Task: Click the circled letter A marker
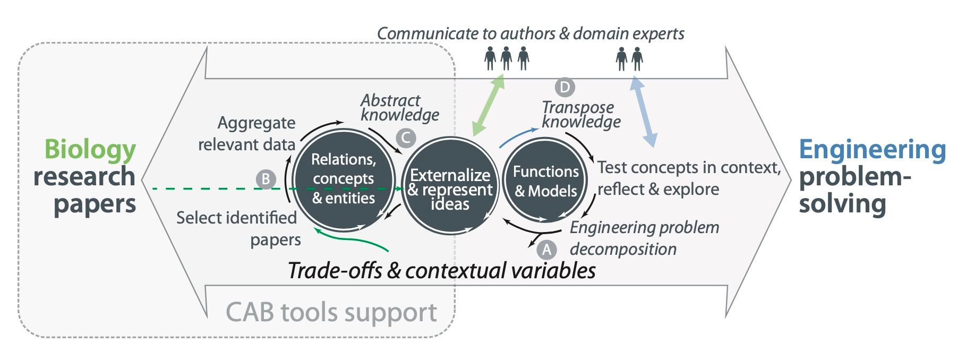pyautogui.click(x=546, y=249)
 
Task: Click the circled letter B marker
pyautogui.click(x=266, y=179)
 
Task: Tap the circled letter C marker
pyautogui.click(x=405, y=138)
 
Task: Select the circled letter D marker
pyautogui.click(x=565, y=87)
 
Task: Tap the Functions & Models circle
pyautogui.click(x=545, y=181)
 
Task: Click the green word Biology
pyautogui.click(x=90, y=149)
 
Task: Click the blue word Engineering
pyautogui.click(x=872, y=150)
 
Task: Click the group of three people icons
pyautogui.click(x=507, y=58)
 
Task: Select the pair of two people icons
pyautogui.click(x=629, y=58)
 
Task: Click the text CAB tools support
pyautogui.click(x=331, y=312)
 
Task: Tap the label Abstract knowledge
pyautogui.click(x=400, y=107)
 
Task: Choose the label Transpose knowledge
pyautogui.click(x=580, y=114)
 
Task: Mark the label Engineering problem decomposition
pyautogui.click(x=644, y=238)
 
